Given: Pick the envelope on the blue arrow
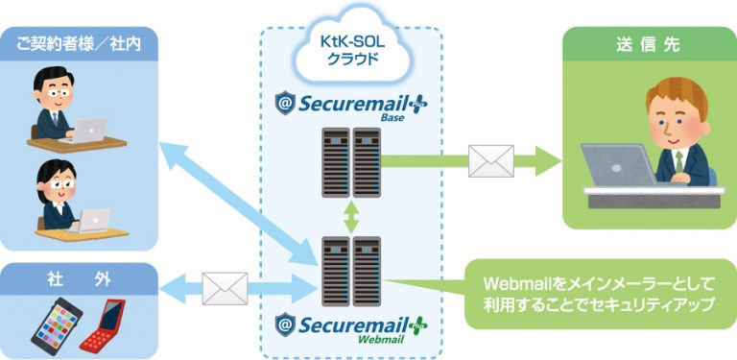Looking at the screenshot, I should point(225,286).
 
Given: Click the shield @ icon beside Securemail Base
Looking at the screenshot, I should point(284,103).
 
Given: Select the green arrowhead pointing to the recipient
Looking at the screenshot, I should point(547,160).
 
